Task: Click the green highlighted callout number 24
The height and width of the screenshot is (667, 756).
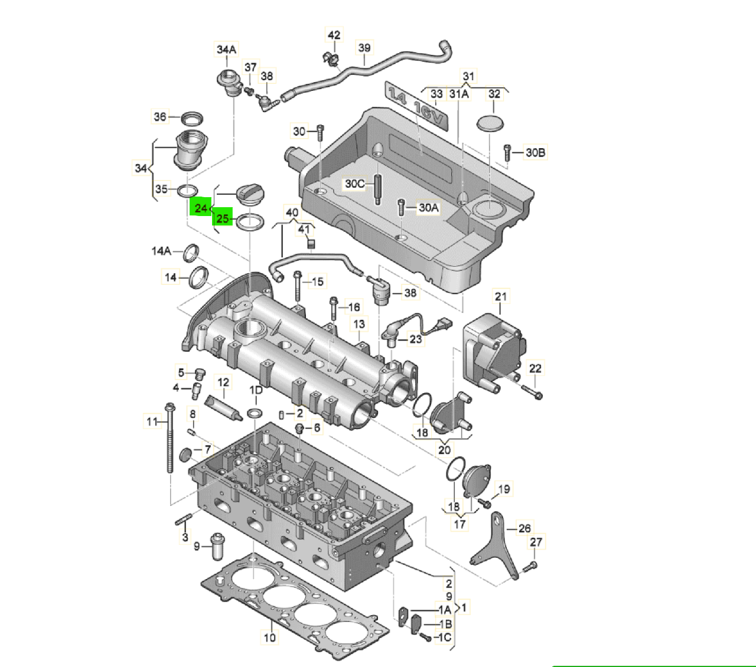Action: [201, 208]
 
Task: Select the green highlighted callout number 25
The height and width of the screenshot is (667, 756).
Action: [223, 218]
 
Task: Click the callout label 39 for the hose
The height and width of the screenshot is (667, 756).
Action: [364, 47]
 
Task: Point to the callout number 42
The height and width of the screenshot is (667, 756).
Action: [334, 35]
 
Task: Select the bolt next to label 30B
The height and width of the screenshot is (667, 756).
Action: [507, 152]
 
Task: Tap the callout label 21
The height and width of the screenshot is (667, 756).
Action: [501, 296]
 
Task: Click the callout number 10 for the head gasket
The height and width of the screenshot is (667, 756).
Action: [269, 637]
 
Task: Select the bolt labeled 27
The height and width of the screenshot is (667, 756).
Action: [530, 566]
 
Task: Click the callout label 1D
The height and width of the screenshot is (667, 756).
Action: [256, 391]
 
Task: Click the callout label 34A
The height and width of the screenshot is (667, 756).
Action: [226, 50]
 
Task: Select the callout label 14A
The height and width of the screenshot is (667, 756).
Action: [161, 251]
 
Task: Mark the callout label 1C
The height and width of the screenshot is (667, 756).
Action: [444, 637]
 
